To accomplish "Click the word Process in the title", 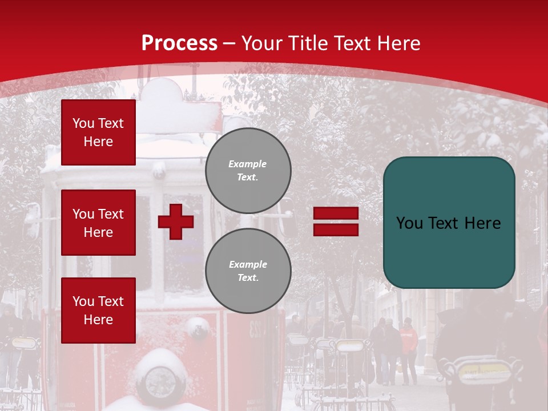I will tap(179, 43).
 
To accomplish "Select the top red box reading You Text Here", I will tap(98, 132).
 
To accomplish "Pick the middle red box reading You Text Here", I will tap(98, 223).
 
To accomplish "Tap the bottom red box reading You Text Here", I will tap(98, 311).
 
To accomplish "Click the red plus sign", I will tap(176, 222).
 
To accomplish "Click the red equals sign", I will tap(336, 221).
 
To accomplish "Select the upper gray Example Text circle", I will tap(248, 171).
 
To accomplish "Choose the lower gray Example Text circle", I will tap(248, 271).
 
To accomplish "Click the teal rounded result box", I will tap(449, 223).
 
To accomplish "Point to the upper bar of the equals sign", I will tap(336, 213).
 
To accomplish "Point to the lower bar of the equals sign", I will tap(336, 229).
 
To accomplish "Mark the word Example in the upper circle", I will tap(247, 164).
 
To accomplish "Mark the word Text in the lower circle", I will tap(247, 277).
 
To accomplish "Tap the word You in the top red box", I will tap(83, 123).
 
